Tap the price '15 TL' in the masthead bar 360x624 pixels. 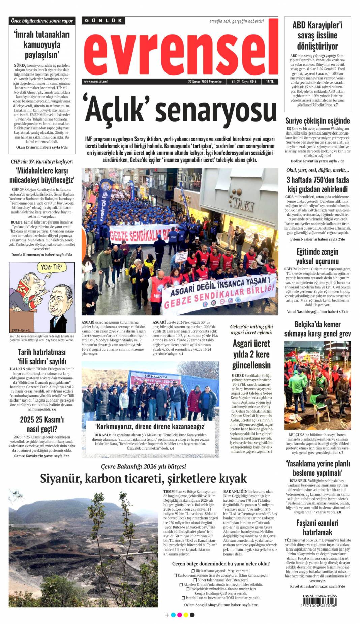click(270, 82)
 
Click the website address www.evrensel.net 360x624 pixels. click(96, 82)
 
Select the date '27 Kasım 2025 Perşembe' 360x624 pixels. click(205, 82)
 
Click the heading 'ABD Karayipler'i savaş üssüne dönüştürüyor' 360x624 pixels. click(317, 35)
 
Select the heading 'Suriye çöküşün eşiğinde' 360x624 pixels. click(317, 121)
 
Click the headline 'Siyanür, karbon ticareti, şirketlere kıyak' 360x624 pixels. click(143, 478)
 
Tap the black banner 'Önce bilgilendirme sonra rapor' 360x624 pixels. click(42, 21)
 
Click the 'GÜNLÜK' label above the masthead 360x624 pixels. click(103, 21)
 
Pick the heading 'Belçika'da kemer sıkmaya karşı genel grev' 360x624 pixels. click(317, 329)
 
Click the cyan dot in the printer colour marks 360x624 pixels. click(173, 615)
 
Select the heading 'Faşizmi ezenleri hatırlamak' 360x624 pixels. click(317, 528)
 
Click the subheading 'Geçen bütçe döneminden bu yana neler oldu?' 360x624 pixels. click(221, 563)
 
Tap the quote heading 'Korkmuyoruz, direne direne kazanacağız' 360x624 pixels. click(150, 427)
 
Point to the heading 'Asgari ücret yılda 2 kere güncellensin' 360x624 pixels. click(251, 354)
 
